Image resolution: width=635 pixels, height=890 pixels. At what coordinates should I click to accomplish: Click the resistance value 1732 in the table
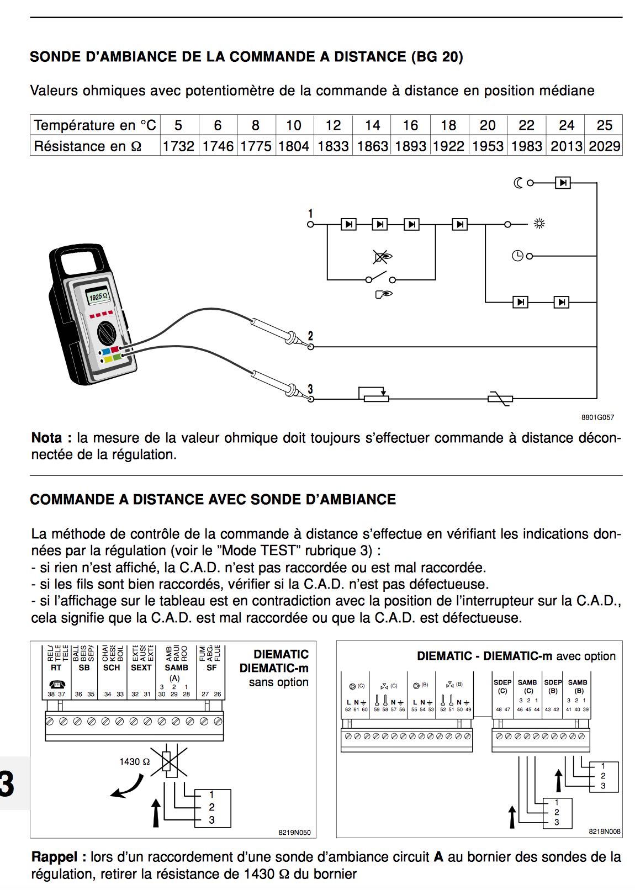[x=178, y=146]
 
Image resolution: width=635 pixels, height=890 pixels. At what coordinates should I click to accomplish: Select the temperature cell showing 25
[x=604, y=125]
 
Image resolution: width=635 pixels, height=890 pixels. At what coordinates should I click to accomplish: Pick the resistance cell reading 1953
[x=487, y=146]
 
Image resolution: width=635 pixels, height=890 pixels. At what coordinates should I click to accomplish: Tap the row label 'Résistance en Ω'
[x=88, y=146]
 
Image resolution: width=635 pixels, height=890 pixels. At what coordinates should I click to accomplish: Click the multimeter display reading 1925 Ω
[x=98, y=296]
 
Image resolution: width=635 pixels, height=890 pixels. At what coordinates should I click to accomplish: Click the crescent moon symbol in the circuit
[x=518, y=183]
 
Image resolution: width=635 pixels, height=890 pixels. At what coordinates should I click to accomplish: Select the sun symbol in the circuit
[x=539, y=224]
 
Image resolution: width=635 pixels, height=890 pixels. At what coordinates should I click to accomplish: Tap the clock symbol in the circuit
[x=517, y=256]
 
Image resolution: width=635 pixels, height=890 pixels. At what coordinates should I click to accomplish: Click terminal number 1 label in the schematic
[x=310, y=214]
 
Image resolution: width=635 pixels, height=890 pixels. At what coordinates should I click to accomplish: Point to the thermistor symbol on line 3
[x=501, y=398]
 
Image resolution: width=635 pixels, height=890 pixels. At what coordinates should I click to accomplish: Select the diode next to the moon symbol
[x=562, y=183]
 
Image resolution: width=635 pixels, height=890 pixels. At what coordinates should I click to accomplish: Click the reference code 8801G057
[x=597, y=417]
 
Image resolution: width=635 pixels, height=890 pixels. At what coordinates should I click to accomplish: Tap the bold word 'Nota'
[x=47, y=438]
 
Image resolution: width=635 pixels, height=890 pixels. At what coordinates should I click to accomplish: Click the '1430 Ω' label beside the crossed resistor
[x=134, y=762]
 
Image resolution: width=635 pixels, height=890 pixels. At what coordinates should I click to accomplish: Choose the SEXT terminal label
[x=141, y=668]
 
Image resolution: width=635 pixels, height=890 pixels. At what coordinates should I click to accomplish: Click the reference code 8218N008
[x=604, y=831]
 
